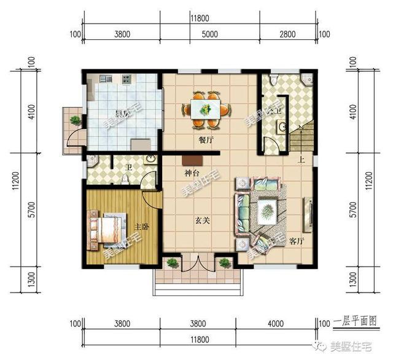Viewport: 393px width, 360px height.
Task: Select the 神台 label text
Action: tap(192, 174)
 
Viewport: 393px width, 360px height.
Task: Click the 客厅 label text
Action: tap(296, 240)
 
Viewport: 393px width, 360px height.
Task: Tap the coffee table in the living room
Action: tap(267, 213)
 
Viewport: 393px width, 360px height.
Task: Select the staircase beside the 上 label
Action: tap(303, 138)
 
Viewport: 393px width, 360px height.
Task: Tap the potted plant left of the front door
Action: tap(172, 263)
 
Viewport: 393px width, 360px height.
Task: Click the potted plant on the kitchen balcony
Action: tap(75, 120)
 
